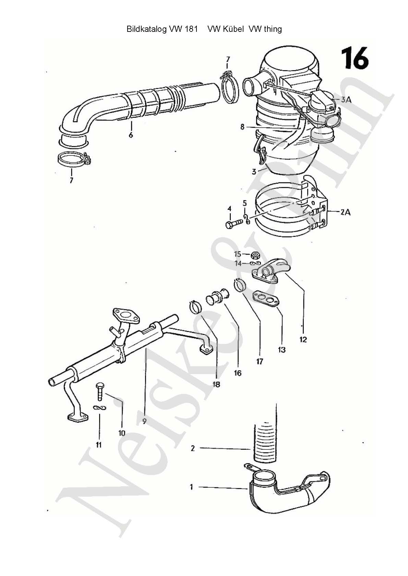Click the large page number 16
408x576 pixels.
click(x=355, y=59)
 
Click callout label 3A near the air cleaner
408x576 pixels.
click(x=346, y=100)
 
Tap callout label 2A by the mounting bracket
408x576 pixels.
click(x=345, y=212)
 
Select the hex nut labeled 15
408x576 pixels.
click(x=255, y=255)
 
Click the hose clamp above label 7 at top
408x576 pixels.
click(x=228, y=88)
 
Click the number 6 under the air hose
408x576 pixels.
click(x=131, y=135)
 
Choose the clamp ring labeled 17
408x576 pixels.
click(x=240, y=285)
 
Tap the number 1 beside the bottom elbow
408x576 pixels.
click(x=192, y=487)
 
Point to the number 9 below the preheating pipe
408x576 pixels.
click(x=144, y=421)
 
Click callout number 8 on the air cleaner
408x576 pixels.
click(x=242, y=127)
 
